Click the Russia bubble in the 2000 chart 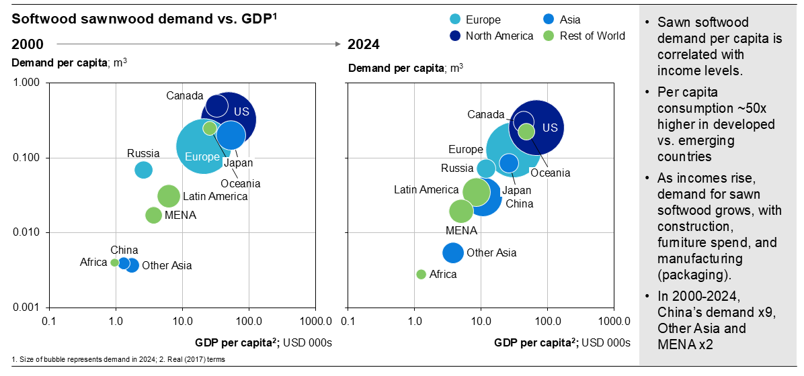point(143,170)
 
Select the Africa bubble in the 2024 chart point(421,274)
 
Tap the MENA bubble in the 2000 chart point(153,215)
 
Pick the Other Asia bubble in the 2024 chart point(453,252)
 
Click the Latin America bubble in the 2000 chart point(169,196)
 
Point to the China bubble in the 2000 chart point(124,263)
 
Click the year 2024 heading point(363,45)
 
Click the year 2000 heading point(28,45)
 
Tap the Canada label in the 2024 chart point(485,115)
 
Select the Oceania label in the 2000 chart point(240,183)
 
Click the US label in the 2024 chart point(550,128)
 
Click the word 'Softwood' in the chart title point(36,19)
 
